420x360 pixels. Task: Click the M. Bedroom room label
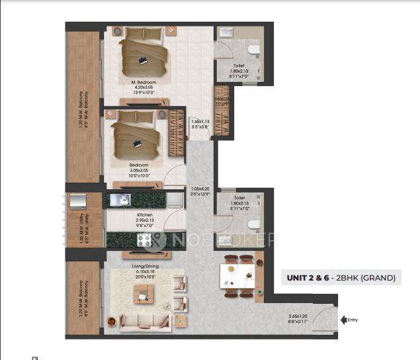click(143, 82)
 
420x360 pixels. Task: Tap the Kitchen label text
click(144, 216)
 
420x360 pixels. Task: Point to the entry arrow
click(343, 320)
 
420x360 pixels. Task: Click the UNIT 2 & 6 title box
click(340, 278)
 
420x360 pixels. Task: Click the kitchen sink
click(121, 199)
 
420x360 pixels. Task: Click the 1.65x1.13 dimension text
click(200, 122)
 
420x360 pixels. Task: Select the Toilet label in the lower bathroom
click(239, 198)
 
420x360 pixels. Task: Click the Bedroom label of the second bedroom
click(138, 165)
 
